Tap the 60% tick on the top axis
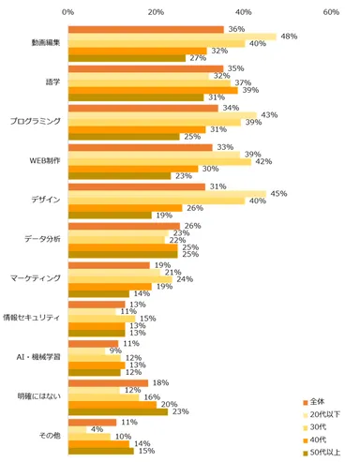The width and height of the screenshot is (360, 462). pos(331,12)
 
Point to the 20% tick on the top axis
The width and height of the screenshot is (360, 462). pos(157,12)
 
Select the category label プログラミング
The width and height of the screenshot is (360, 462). pos(37,122)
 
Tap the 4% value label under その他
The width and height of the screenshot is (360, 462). pos(97,429)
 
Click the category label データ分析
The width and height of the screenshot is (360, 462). pos(43,240)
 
